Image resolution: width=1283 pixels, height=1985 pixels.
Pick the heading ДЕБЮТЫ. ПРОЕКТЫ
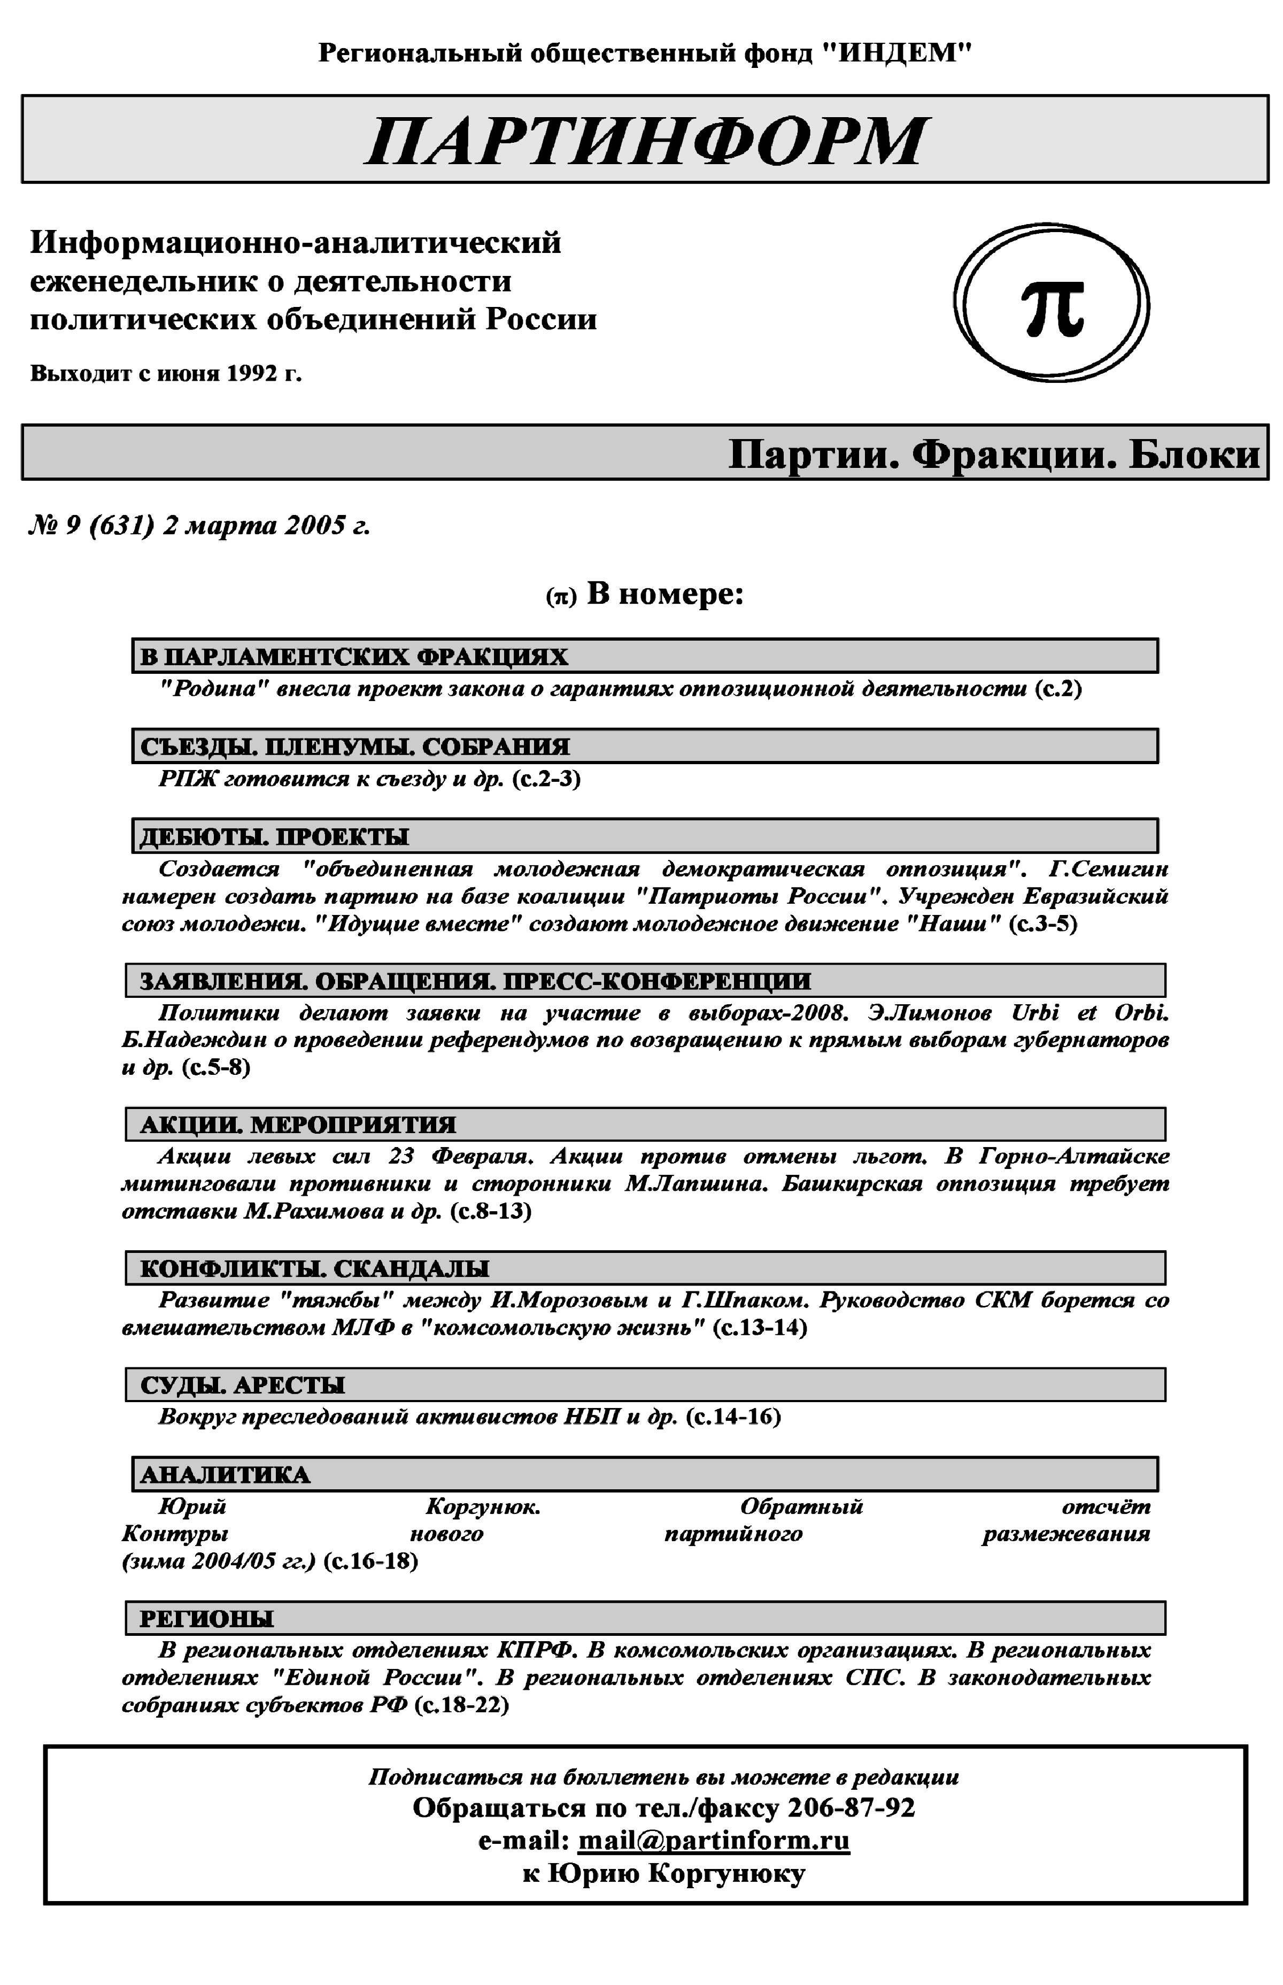point(274,837)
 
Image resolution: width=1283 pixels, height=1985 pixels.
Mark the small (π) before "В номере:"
point(561,597)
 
